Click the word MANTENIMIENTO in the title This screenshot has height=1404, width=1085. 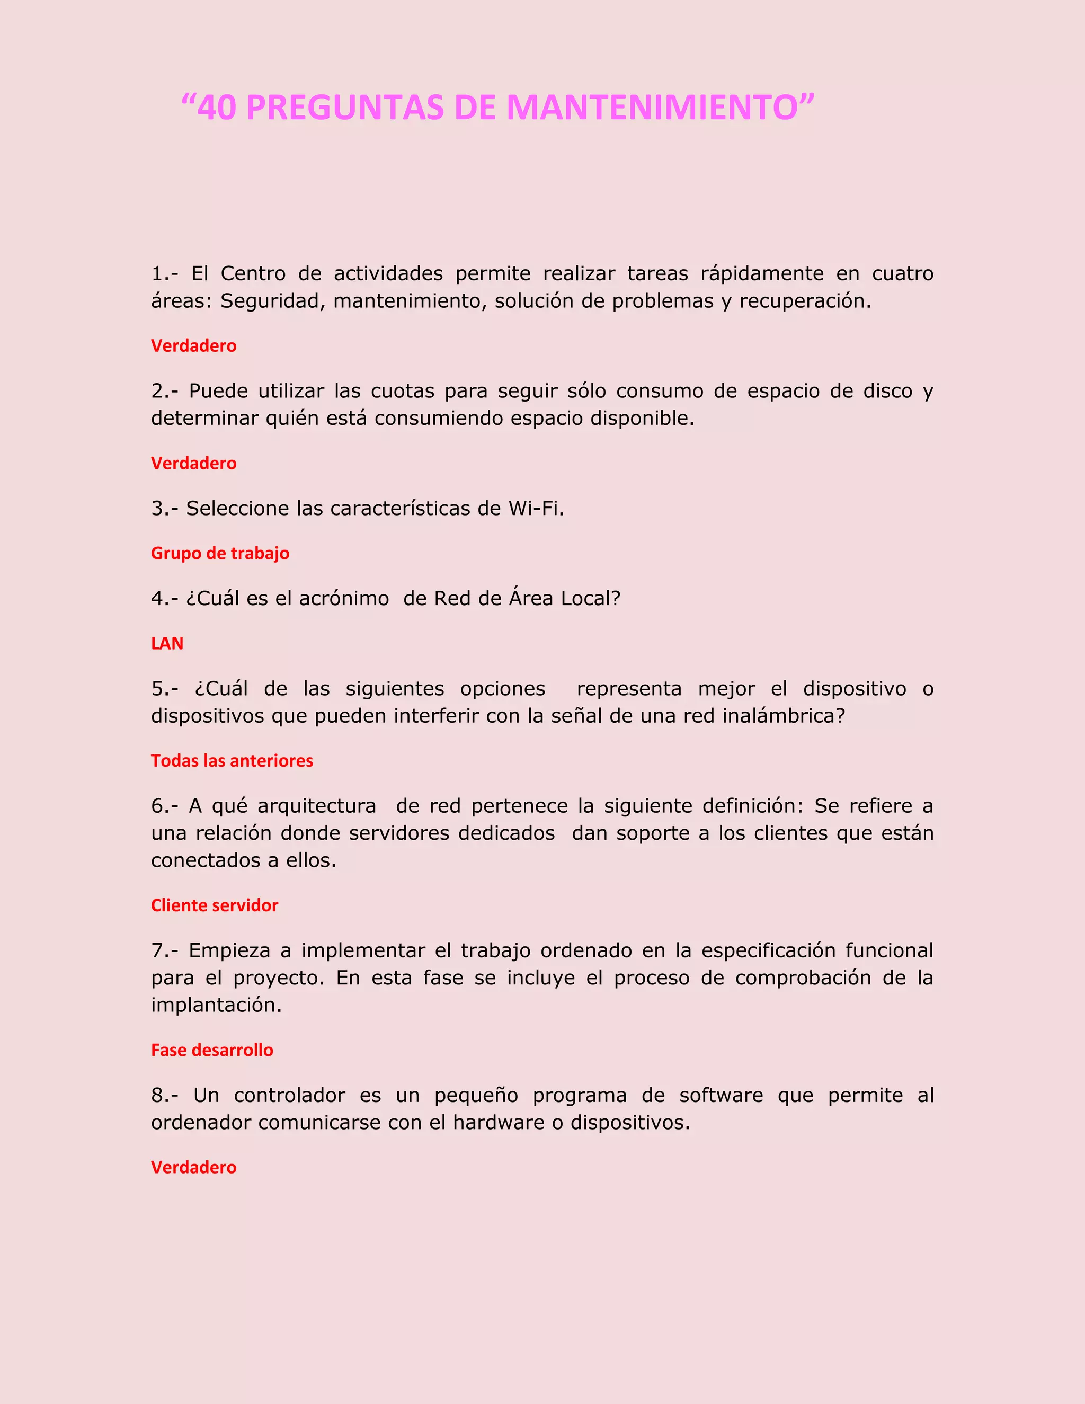point(652,108)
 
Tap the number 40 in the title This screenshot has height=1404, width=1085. point(217,108)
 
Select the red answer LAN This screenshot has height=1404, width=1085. point(167,644)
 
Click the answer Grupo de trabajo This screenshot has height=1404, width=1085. point(220,554)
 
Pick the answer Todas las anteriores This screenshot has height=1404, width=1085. point(232,761)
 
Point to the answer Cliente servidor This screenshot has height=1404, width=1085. point(215,906)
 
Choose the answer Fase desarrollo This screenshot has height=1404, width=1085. point(212,1051)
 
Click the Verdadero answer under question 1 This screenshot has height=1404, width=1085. point(193,346)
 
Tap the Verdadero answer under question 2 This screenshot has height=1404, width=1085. point(193,464)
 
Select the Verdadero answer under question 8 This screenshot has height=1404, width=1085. point(193,1167)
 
